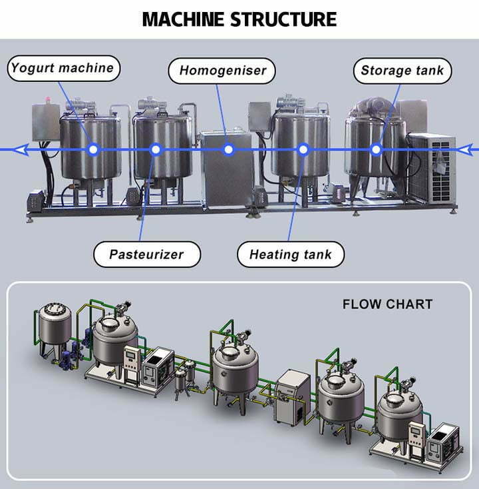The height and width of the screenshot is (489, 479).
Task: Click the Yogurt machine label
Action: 63,68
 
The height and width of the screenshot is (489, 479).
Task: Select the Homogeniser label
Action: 222,71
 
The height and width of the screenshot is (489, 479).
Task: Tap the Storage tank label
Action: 402,71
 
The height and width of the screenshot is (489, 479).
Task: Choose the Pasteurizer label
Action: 147,254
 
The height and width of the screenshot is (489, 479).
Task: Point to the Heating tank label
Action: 291,254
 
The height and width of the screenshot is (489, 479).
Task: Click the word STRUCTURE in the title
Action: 283,19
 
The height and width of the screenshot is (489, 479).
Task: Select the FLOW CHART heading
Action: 387,304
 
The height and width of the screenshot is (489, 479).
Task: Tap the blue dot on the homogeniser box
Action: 229,150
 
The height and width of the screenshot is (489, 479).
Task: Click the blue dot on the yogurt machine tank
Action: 93,150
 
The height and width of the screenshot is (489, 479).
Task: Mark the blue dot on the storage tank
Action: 377,150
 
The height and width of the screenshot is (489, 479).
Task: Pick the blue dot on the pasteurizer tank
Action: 156,150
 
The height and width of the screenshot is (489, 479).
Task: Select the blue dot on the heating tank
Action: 303,150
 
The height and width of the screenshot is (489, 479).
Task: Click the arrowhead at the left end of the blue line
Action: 22,150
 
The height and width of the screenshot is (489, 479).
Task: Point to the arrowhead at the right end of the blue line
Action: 467,150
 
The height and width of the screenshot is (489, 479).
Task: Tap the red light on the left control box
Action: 48,99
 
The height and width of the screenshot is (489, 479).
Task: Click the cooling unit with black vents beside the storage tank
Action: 432,169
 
